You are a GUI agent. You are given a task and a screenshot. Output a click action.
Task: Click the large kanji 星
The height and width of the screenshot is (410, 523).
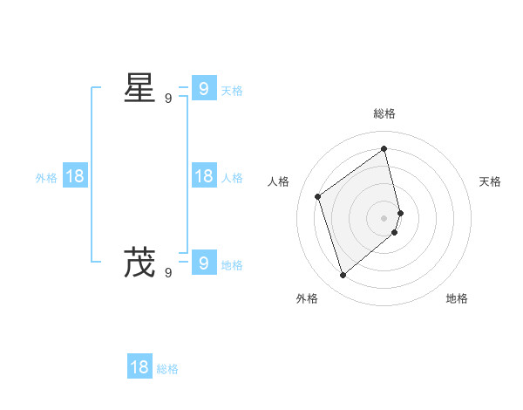(139, 88)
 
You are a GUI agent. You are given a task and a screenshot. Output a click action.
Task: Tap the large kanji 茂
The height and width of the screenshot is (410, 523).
(139, 263)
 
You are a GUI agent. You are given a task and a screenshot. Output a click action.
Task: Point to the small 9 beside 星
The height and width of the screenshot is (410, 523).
(168, 99)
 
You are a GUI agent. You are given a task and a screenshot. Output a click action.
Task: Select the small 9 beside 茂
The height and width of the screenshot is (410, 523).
(168, 273)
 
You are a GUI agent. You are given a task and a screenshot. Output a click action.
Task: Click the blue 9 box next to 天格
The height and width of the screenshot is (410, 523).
(203, 88)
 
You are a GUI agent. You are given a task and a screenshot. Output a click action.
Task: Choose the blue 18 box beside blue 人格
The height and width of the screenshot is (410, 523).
(203, 176)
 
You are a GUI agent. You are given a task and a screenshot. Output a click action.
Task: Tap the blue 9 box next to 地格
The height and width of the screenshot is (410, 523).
(203, 263)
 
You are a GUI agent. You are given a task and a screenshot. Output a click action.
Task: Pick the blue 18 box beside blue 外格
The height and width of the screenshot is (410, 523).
(75, 176)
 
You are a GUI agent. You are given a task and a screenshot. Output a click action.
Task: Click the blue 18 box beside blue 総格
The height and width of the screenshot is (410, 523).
(139, 367)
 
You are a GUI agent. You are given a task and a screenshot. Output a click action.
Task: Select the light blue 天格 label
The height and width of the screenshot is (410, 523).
(232, 91)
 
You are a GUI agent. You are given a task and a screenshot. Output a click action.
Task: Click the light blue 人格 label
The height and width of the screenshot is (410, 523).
(232, 178)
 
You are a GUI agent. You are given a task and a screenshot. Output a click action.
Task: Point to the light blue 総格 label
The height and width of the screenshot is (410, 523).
(167, 369)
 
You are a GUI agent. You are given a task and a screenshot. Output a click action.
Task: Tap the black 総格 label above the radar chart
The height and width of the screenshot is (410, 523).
(384, 113)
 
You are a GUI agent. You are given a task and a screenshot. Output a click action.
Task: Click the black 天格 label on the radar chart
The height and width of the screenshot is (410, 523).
(490, 181)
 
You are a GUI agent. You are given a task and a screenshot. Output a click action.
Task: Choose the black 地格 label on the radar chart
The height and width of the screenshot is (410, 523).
(457, 298)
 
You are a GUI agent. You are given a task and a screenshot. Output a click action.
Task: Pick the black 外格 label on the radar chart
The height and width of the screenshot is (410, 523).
(307, 298)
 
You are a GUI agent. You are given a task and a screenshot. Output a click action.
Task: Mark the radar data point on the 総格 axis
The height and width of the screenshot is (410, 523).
(384, 148)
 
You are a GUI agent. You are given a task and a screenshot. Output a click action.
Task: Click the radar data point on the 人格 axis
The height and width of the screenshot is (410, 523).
(318, 196)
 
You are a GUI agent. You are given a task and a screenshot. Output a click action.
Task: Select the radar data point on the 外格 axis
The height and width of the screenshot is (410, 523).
(343, 276)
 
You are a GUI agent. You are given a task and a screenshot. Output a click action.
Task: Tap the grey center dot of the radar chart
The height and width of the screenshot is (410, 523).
(384, 217)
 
